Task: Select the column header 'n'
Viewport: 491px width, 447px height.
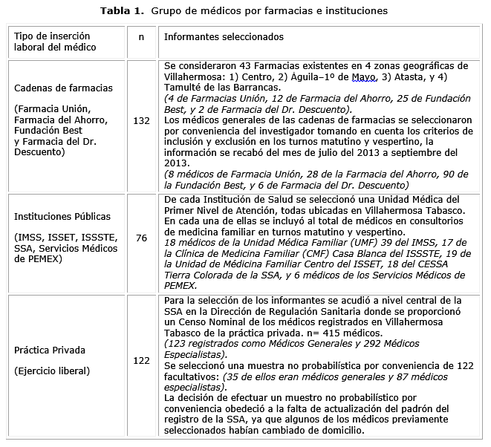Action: (140, 36)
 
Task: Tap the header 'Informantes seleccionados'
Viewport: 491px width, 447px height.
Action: (223, 36)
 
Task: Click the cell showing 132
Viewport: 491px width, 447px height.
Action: (140, 120)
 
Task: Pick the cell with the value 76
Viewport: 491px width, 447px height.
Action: (140, 238)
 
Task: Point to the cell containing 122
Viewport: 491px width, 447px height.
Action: (140, 360)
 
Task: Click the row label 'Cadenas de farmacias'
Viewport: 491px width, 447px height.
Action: (64, 88)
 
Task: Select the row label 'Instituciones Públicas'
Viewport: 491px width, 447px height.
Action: (62, 217)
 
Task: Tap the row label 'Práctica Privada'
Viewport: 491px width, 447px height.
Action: (49, 349)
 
